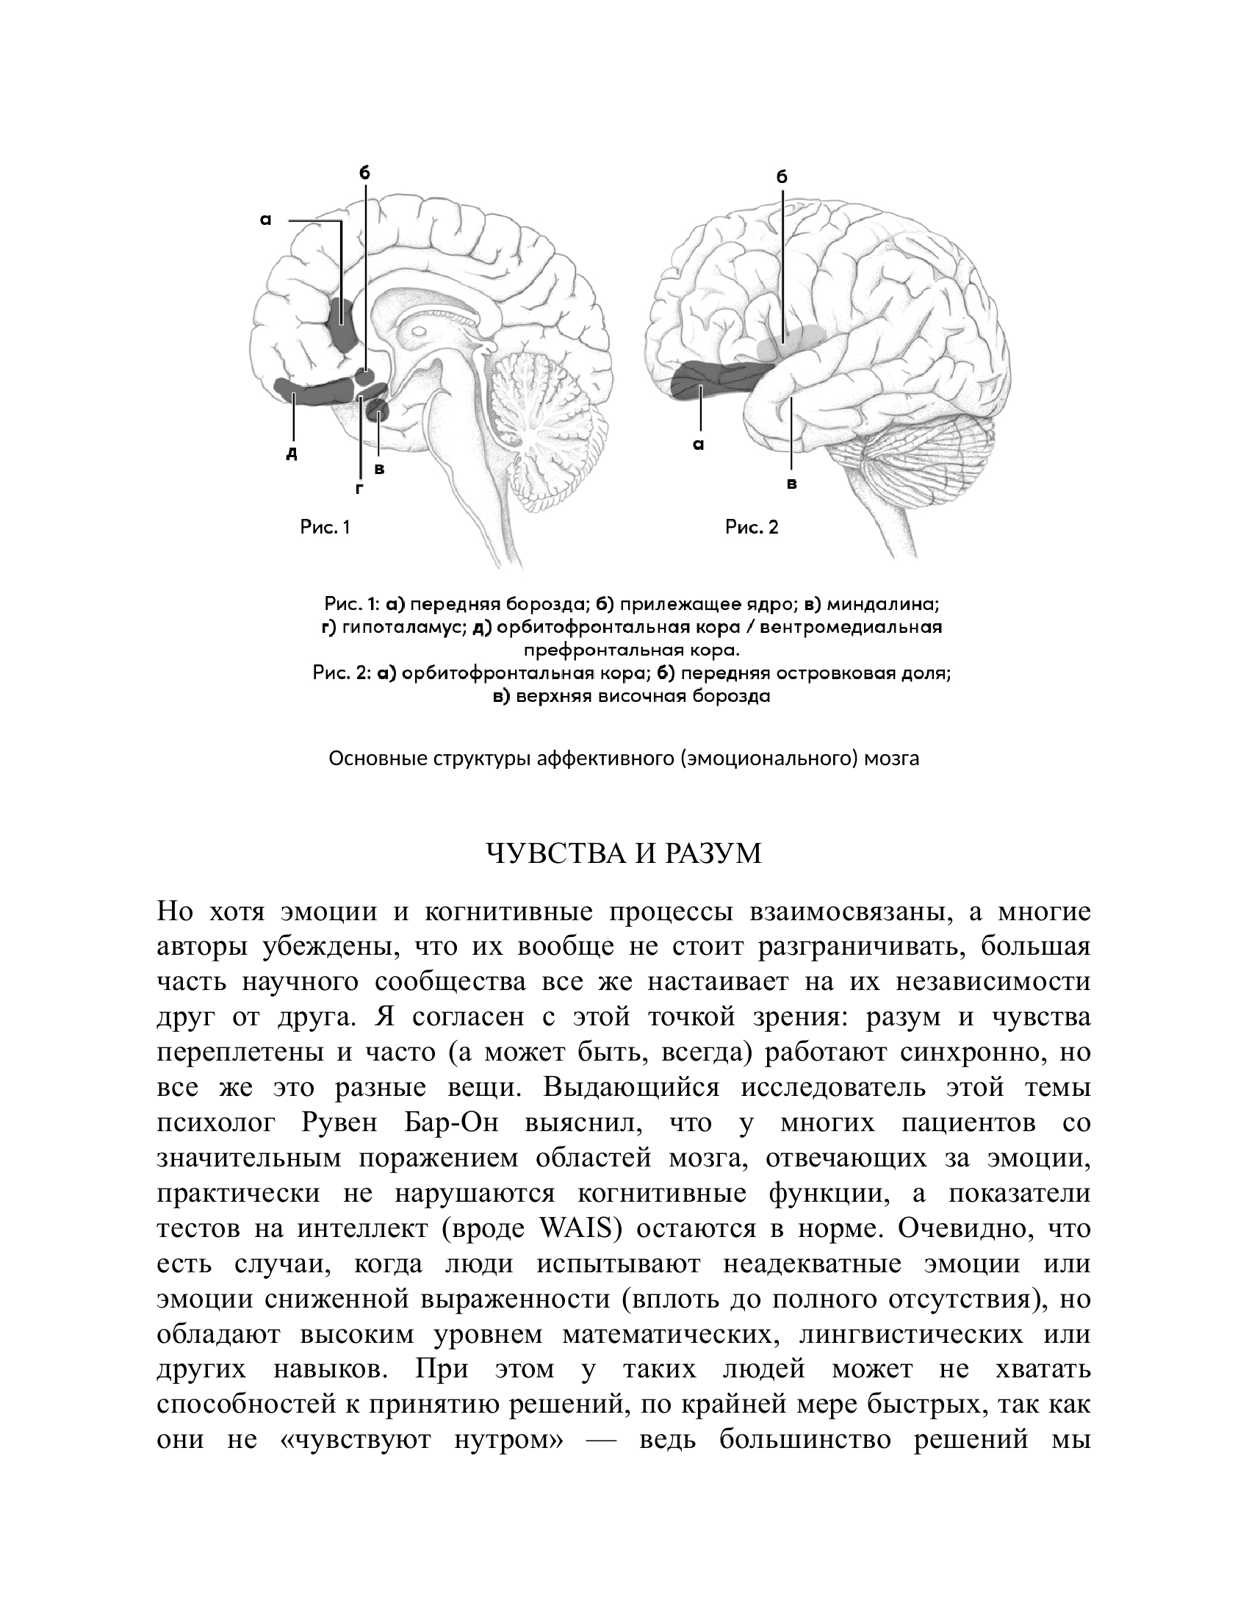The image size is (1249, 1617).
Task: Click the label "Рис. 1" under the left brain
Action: pyautogui.click(x=325, y=527)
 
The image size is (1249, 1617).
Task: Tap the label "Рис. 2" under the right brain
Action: pyautogui.click(x=752, y=527)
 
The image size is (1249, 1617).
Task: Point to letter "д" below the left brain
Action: pyautogui.click(x=292, y=452)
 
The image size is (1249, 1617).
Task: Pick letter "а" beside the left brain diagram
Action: pyautogui.click(x=267, y=219)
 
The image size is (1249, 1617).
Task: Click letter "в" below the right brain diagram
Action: pyautogui.click(x=792, y=484)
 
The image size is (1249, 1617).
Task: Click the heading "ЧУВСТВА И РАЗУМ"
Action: pyautogui.click(x=623, y=853)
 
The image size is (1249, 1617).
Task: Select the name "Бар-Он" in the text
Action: pyautogui.click(x=452, y=1123)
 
